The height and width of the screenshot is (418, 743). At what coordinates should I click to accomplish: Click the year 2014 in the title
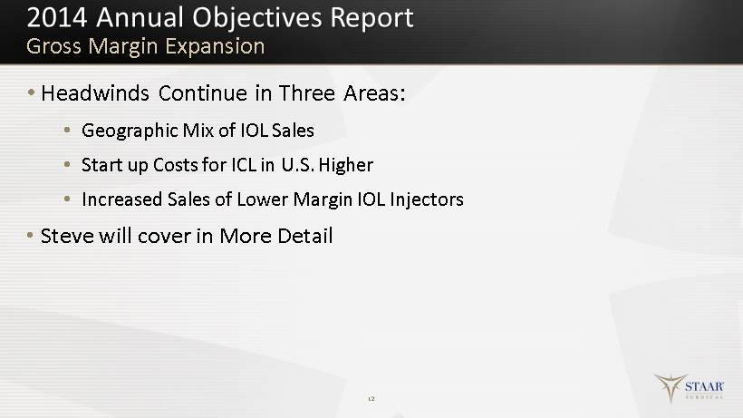57,18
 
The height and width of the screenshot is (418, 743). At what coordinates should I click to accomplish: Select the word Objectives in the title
256,19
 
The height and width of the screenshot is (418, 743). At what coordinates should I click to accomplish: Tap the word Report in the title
371,19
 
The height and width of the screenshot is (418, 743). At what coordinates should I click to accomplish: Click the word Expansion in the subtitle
215,47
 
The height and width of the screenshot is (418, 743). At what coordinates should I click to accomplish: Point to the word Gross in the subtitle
54,46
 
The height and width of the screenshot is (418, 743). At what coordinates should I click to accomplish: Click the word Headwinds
95,92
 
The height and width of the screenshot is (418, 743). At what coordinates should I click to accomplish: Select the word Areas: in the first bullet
374,92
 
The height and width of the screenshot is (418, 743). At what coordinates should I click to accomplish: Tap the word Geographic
130,131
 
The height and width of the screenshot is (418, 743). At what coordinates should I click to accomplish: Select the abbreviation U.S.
297,165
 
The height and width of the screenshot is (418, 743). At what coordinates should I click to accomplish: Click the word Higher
346,165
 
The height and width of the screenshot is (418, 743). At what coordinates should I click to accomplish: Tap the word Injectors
427,199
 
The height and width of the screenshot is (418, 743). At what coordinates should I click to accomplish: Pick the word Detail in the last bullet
305,236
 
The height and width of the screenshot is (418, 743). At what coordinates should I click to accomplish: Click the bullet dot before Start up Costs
67,164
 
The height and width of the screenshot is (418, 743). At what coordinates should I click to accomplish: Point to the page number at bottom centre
371,399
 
